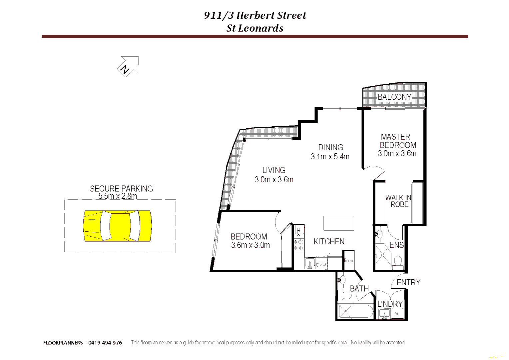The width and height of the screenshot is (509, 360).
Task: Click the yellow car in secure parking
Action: (117, 226)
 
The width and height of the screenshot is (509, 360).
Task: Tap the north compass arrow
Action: (129, 66)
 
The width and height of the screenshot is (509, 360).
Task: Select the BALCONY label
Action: (394, 97)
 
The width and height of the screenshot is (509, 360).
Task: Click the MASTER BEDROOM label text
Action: (397, 141)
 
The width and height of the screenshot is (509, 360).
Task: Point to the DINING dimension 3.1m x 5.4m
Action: (330, 157)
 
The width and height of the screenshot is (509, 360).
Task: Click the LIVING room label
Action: (274, 170)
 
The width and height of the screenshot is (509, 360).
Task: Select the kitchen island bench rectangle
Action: (338, 223)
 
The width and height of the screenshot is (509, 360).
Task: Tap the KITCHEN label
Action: (329, 242)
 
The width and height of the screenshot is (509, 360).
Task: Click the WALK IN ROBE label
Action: (398, 201)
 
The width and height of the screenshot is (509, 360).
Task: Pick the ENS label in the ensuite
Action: (396, 245)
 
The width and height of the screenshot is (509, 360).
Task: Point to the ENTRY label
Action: (408, 283)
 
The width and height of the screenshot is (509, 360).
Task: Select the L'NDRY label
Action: (390, 304)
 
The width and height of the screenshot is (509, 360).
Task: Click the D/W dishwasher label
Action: (321, 265)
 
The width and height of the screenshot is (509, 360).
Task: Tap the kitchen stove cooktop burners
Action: (298, 245)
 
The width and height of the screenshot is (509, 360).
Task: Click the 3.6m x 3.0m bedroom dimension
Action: (250, 245)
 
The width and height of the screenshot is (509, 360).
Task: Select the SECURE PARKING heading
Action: (121, 189)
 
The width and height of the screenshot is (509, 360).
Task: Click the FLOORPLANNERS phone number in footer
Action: (105, 343)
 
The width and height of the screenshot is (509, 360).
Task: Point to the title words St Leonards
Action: (255, 28)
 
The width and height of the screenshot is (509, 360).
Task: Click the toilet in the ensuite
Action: (398, 261)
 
